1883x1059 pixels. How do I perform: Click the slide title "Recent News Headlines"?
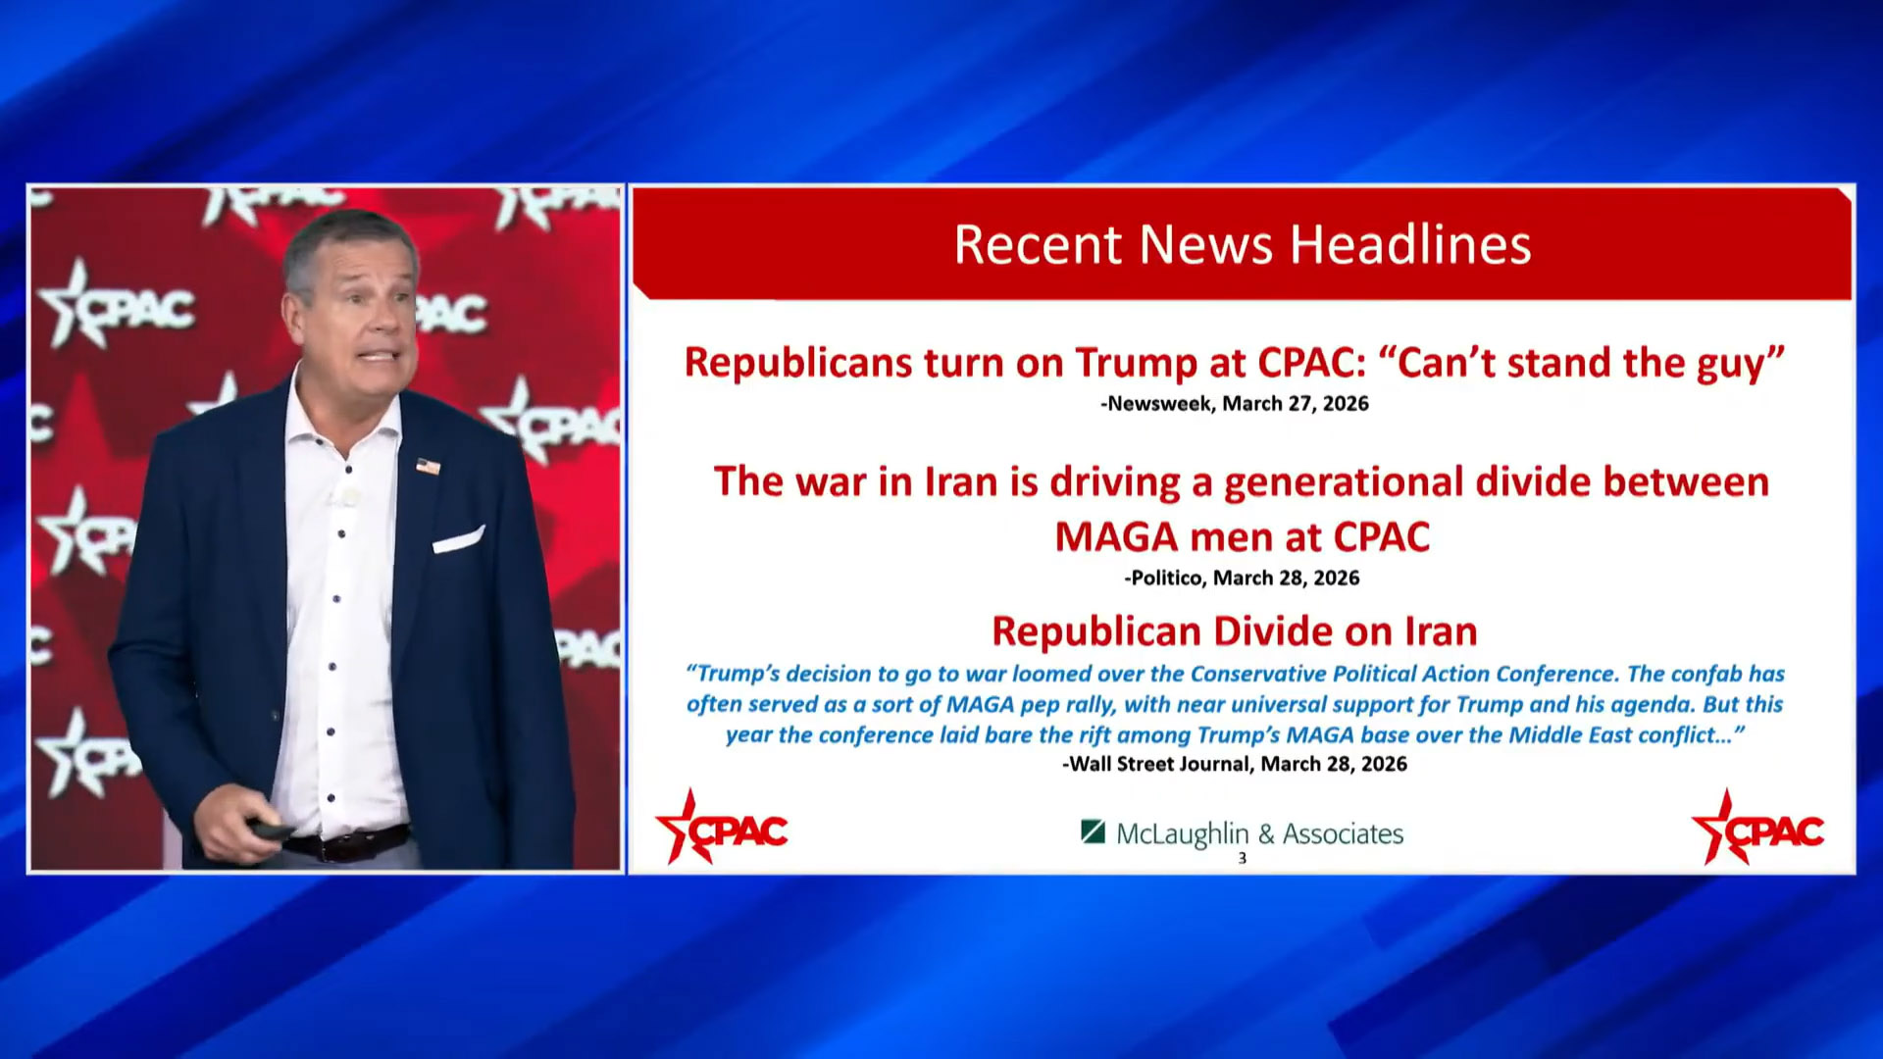pyautogui.click(x=1243, y=244)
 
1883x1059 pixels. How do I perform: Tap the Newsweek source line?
pyautogui.click(x=1234, y=403)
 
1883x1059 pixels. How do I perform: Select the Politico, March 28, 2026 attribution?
pyautogui.click(x=1242, y=578)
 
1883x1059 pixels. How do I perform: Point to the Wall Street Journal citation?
pyautogui.click(x=1235, y=764)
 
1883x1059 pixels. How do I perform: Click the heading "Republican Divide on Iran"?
pyautogui.click(x=1235, y=631)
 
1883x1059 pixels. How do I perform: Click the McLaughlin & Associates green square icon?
pyautogui.click(x=1093, y=832)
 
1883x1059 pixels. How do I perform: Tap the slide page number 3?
pyautogui.click(x=1242, y=858)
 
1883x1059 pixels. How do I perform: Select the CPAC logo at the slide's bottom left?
pyautogui.click(x=722, y=829)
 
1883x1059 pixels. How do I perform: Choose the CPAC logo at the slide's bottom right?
pyautogui.click(x=1757, y=829)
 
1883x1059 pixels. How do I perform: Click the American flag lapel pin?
pyautogui.click(x=428, y=466)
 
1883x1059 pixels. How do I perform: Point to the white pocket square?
pyautogui.click(x=457, y=539)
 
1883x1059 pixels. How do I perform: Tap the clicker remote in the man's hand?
pyautogui.click(x=272, y=830)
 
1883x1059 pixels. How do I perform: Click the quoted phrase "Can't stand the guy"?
pyautogui.click(x=1581, y=363)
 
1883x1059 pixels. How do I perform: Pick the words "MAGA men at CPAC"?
pyautogui.click(x=1242, y=537)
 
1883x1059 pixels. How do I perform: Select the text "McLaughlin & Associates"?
pyautogui.click(x=1260, y=833)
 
